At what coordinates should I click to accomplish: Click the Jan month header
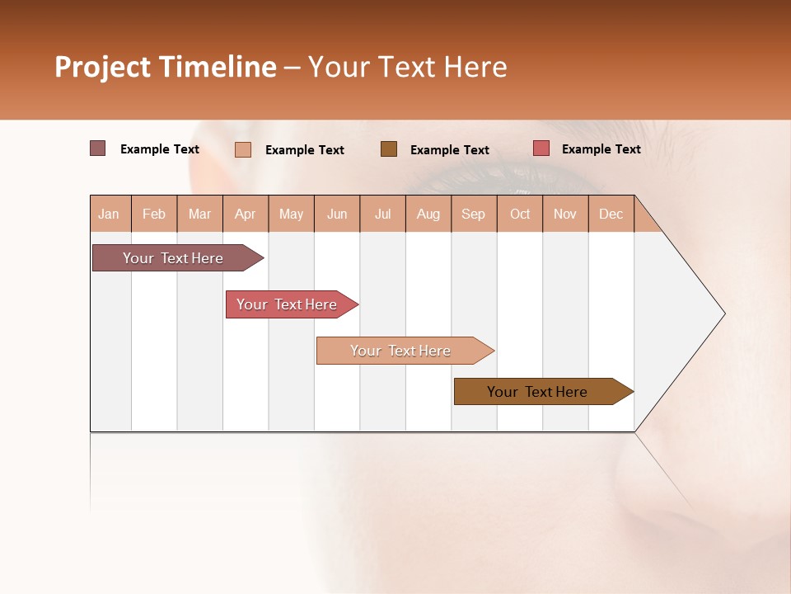[109, 214]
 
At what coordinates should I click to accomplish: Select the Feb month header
[154, 214]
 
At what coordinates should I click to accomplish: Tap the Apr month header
[245, 214]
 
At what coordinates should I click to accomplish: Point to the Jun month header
[337, 214]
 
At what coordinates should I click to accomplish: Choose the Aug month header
[428, 214]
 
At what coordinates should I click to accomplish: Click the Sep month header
[473, 214]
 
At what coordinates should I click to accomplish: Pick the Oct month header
[520, 214]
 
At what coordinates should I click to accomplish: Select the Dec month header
[611, 214]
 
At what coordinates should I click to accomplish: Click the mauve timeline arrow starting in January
[174, 258]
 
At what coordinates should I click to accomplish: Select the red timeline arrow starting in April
[288, 304]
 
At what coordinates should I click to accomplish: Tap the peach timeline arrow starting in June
[401, 351]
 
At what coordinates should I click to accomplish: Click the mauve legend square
[98, 148]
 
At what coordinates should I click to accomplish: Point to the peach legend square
[243, 149]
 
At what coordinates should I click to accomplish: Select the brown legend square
[389, 148]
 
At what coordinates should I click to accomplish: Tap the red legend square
[541, 148]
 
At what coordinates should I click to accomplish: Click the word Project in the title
[103, 67]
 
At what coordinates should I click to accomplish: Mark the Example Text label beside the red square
[601, 149]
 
